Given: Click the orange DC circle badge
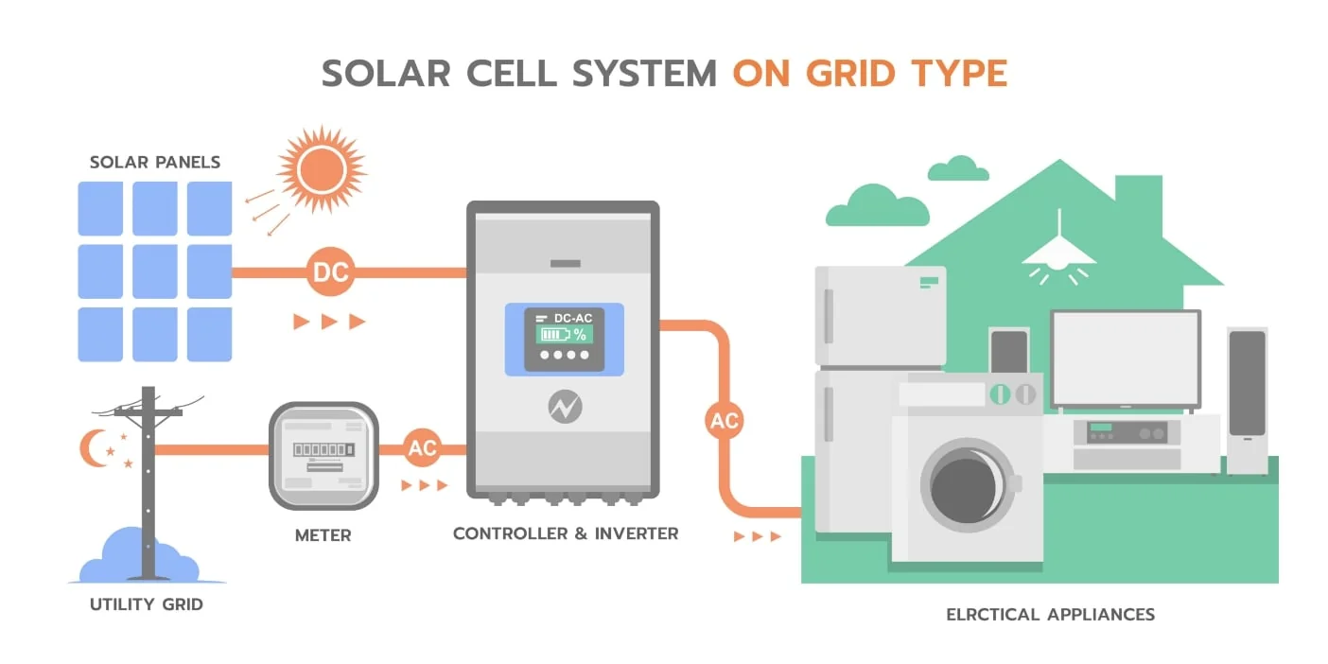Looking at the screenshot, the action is [330, 272].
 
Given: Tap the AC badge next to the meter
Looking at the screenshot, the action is [422, 447].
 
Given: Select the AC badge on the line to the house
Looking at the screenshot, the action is [724, 420].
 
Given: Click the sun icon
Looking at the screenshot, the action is [322, 169].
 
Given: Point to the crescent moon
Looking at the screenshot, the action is [93, 448].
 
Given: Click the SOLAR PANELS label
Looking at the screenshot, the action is [155, 163].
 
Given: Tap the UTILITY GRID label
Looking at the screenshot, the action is [147, 604].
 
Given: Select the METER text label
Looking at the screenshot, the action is [323, 536].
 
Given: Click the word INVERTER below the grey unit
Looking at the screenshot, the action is [637, 533].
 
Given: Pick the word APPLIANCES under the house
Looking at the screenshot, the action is [1101, 615].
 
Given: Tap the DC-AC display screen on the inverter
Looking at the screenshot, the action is [565, 340].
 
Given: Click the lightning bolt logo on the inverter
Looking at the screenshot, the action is [565, 407].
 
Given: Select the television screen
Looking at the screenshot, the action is [1126, 358].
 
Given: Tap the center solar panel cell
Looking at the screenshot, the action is [155, 271].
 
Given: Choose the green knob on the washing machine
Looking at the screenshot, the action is [1000, 394].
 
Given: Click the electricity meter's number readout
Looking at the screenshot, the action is [324, 450].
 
